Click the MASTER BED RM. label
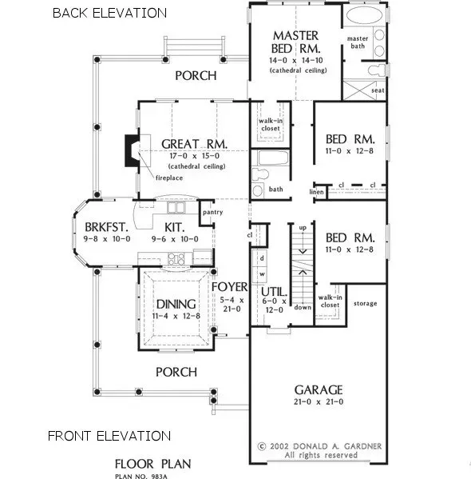[295, 42]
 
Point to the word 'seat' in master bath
[378, 90]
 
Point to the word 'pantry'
[212, 213]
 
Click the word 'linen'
[317, 192]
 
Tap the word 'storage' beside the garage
[366, 304]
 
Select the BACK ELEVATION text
[109, 13]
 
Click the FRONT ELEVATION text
[109, 436]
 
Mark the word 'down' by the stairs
[303, 307]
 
